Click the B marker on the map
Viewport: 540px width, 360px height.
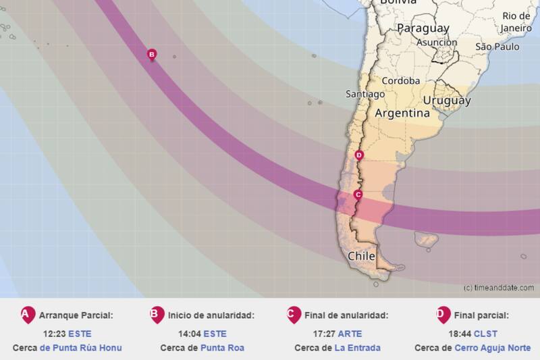tap(152, 55)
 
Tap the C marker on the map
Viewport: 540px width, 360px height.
tap(358, 195)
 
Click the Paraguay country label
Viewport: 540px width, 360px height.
tap(423, 28)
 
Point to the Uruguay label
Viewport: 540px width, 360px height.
tap(446, 101)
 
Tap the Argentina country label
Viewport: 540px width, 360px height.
tap(402, 113)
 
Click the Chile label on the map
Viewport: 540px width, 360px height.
tap(362, 257)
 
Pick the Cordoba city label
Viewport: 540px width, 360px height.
tap(401, 80)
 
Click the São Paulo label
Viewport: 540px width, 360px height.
tap(497, 47)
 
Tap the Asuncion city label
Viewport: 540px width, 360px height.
tap(437, 42)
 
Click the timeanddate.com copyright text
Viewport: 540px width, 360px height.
tap(499, 288)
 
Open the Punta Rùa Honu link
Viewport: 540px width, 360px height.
tap(81, 348)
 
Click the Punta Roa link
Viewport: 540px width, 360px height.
tap(222, 348)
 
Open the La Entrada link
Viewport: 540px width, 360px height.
tap(358, 348)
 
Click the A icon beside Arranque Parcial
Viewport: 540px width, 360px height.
tap(26, 315)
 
